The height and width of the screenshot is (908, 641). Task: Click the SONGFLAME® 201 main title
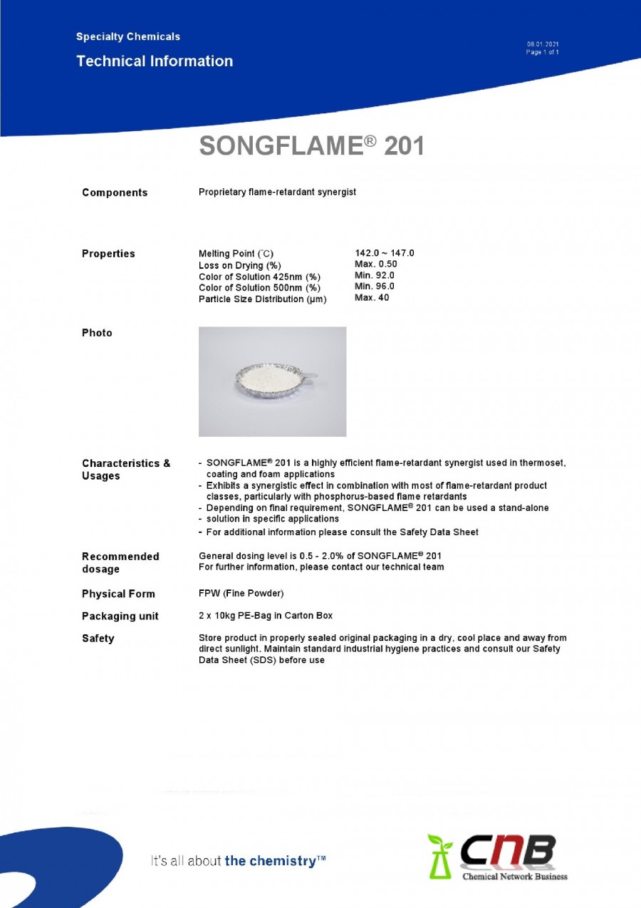(311, 146)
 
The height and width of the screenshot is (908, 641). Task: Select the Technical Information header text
(155, 61)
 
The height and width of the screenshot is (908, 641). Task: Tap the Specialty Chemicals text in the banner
(128, 36)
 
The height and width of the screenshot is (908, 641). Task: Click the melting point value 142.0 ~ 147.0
(384, 253)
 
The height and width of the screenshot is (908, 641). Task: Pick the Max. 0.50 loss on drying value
(376, 264)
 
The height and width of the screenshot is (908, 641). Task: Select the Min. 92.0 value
(375, 275)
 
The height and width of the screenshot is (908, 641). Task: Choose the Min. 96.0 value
(375, 287)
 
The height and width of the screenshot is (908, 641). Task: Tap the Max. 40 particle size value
(372, 298)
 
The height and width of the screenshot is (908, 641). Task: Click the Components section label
(115, 192)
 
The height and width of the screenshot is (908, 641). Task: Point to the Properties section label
(108, 254)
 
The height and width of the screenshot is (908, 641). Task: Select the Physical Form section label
(118, 594)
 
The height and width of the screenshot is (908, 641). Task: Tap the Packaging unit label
(120, 616)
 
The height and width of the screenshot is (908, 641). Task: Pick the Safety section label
(98, 639)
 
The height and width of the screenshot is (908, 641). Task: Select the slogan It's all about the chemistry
(238, 861)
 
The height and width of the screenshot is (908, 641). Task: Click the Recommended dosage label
(120, 562)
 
